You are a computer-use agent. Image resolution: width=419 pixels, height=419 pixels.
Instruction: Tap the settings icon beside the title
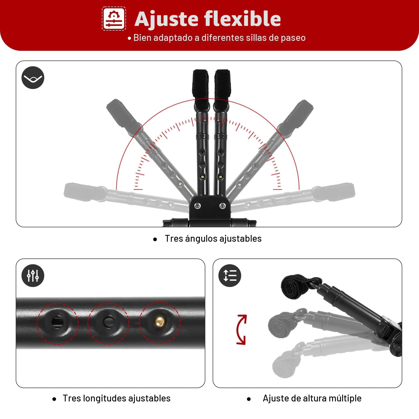(x=114, y=19)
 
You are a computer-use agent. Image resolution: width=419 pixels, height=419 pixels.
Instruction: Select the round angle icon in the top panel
(x=33, y=78)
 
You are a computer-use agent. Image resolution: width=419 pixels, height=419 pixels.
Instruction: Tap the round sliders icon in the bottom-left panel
(x=33, y=275)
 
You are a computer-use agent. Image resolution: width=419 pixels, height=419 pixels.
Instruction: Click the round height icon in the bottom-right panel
(x=230, y=275)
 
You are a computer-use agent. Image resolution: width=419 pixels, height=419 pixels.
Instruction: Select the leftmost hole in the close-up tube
(x=57, y=322)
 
